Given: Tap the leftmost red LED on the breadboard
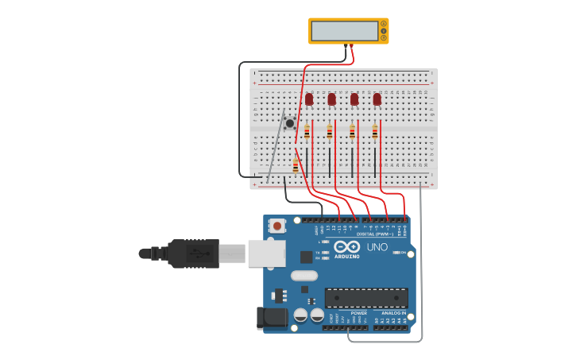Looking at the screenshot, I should point(309,99).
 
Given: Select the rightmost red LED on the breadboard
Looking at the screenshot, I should point(377,99).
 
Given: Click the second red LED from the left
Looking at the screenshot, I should point(331,99).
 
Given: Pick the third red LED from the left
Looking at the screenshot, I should point(354,99).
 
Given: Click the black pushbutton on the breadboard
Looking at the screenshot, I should point(290,123).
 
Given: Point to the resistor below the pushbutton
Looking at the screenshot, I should point(296,165).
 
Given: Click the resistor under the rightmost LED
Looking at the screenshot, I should point(375,132).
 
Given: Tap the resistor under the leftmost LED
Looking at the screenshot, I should point(307,132).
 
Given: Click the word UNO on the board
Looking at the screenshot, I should point(377,247).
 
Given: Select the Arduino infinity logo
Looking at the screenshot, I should point(346,246).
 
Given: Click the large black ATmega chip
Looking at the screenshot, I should point(366,298).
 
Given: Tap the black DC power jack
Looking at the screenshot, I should point(271,318).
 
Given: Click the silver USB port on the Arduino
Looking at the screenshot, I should point(266,254).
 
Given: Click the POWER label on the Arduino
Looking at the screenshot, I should point(359,313).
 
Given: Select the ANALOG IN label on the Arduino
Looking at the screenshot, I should point(393,313).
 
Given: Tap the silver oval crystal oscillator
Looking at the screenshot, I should point(304,276).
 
